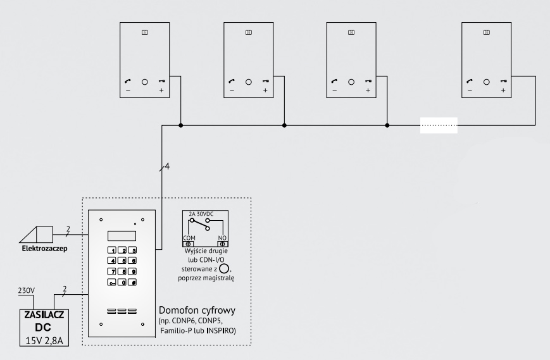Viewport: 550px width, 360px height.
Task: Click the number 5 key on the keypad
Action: coord(122,260)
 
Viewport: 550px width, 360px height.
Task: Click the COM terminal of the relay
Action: coord(189,243)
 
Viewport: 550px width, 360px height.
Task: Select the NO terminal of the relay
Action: coord(223,243)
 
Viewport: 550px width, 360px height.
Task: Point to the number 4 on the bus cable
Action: coord(168,166)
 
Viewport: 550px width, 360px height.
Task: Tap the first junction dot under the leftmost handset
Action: coord(181,126)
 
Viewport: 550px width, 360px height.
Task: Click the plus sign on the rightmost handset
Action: coord(503,91)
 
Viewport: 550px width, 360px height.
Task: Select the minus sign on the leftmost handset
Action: coord(128,91)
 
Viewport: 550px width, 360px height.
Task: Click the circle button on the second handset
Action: coord(248,82)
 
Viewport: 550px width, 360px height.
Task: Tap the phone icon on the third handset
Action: coord(334,82)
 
